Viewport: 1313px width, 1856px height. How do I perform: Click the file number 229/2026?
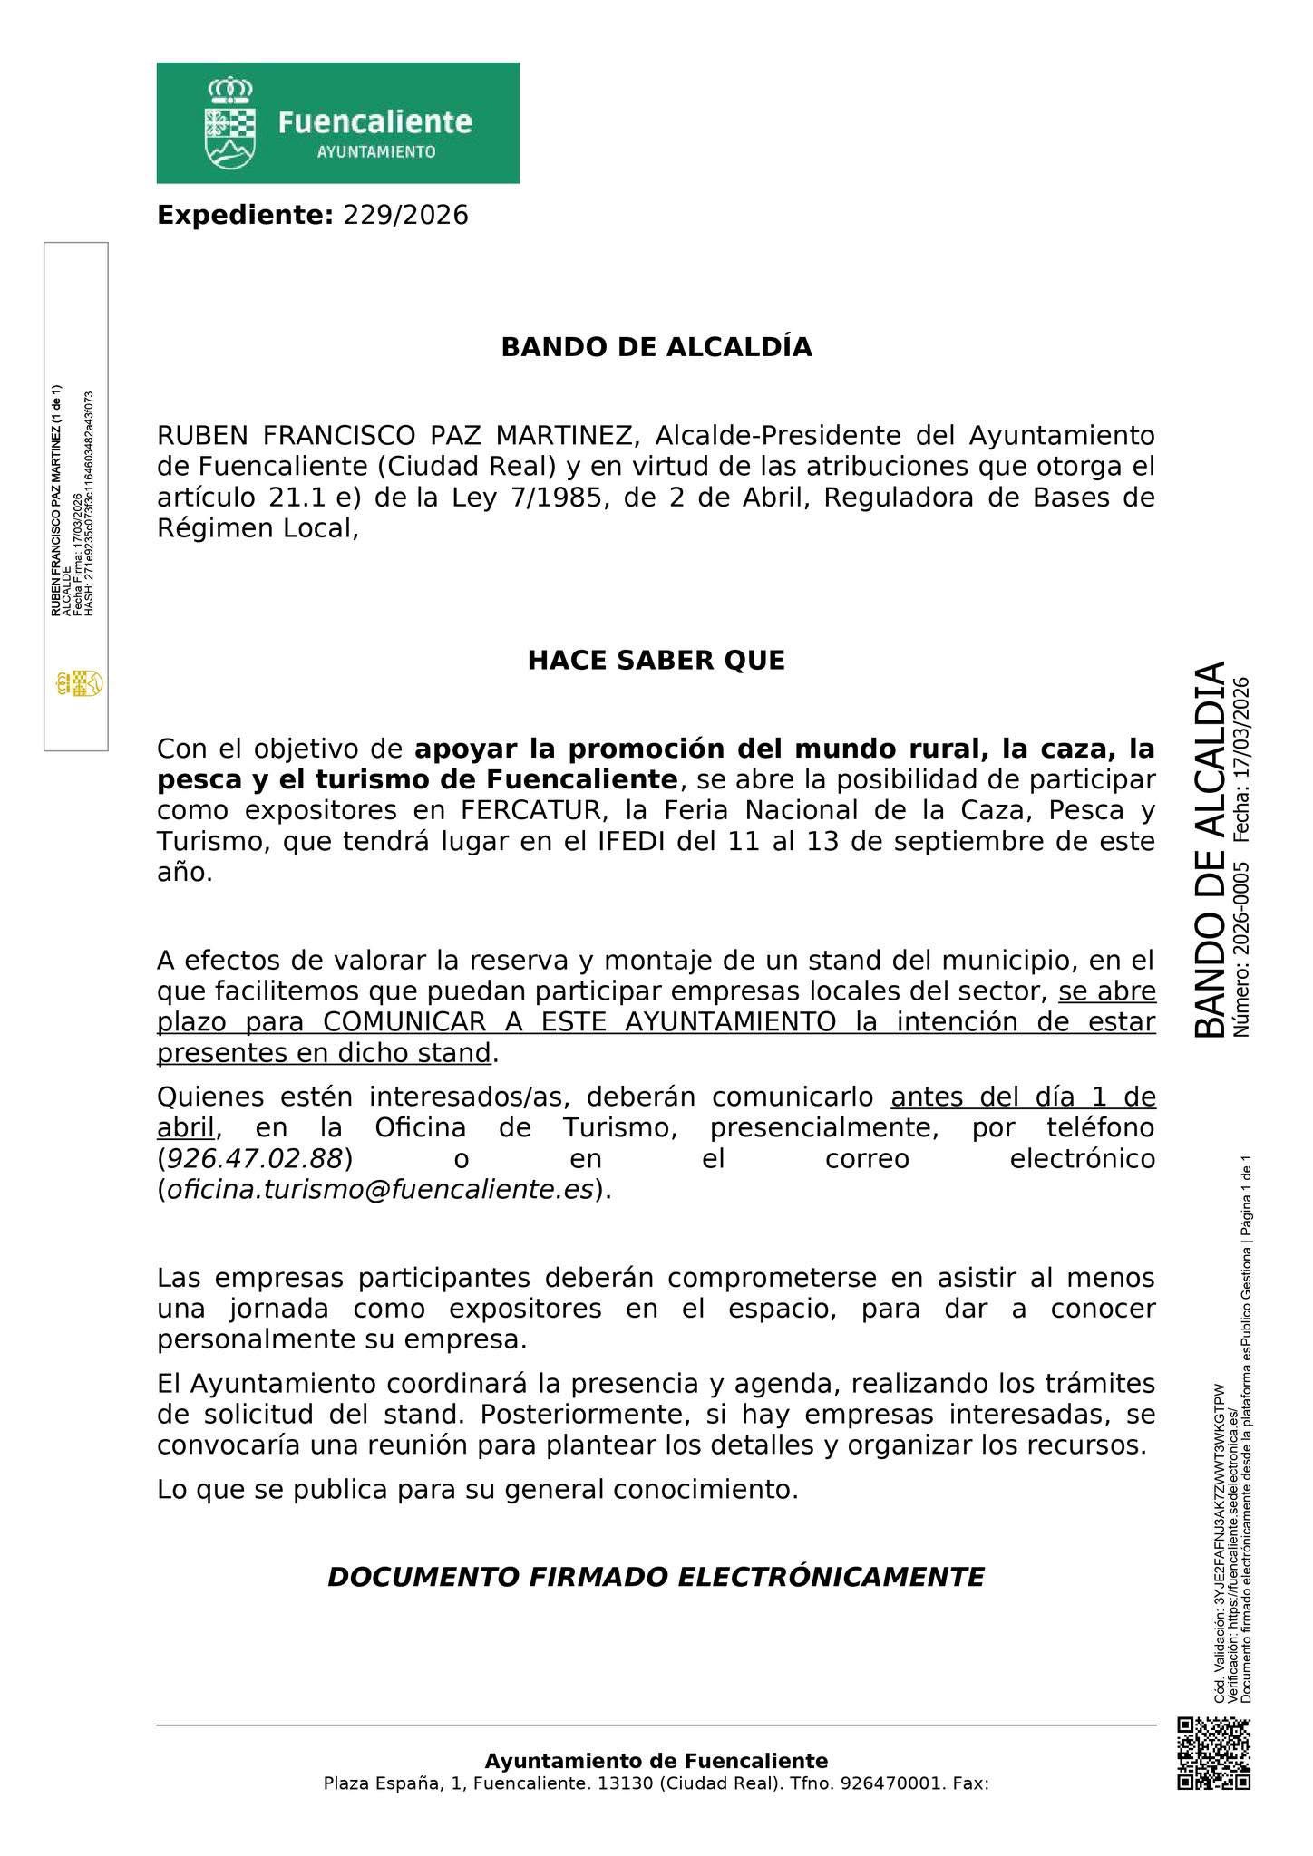405,216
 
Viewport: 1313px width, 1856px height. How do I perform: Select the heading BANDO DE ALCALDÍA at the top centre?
656,347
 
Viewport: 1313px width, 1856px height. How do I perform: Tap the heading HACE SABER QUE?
656,661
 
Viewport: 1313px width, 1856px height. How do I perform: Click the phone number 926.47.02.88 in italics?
255,1159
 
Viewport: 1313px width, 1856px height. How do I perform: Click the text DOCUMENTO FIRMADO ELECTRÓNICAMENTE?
656,1578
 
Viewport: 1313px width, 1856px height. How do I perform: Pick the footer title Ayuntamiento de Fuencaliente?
656,1761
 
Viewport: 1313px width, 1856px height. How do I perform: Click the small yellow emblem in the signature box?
79,683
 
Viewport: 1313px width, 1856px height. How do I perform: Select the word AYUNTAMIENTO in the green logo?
375,152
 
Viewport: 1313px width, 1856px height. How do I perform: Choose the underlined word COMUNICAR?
401,1022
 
